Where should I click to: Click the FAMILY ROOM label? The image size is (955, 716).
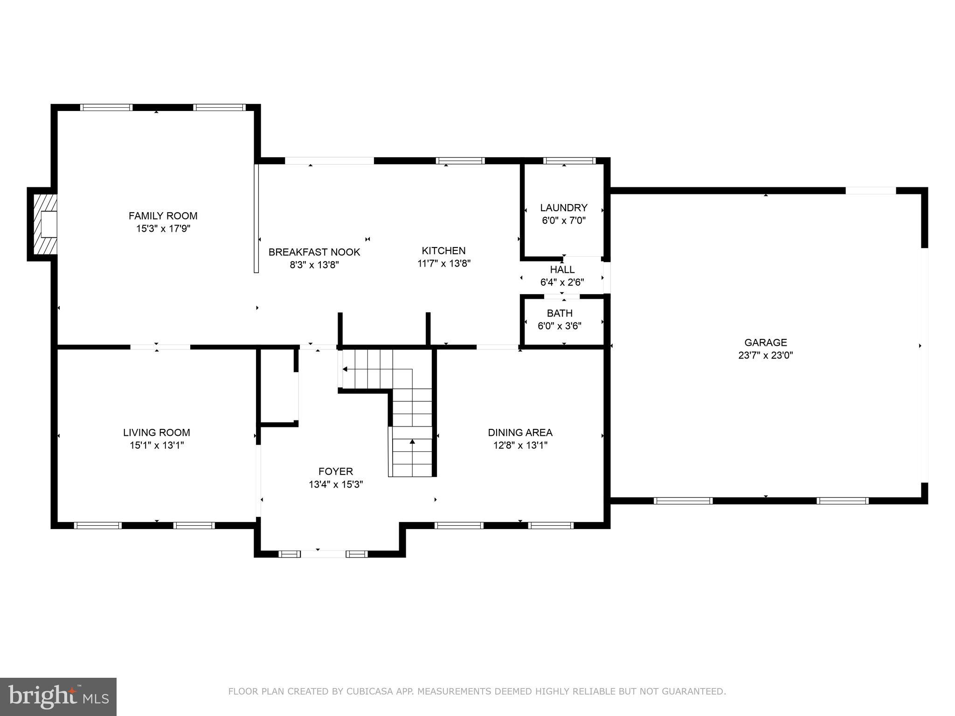163,216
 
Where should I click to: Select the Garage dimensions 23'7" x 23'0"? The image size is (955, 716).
765,355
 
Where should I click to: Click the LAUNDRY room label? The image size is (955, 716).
563,208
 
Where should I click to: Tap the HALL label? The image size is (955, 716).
562,269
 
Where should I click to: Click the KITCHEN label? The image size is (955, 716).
443,251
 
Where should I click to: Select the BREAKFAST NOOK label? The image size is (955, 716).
314,252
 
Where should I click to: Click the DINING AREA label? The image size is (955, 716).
520,433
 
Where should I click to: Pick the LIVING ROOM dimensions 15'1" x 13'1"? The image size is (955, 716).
157,445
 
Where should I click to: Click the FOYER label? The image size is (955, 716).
335,471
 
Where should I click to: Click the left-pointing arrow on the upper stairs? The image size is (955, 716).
345,369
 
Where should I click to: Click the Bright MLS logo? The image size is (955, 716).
58,697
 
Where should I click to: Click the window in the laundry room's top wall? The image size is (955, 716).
569,161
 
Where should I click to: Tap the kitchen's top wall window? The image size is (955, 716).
460,161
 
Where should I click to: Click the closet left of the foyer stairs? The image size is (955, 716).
278,387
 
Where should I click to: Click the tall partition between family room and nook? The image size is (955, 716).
256,218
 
